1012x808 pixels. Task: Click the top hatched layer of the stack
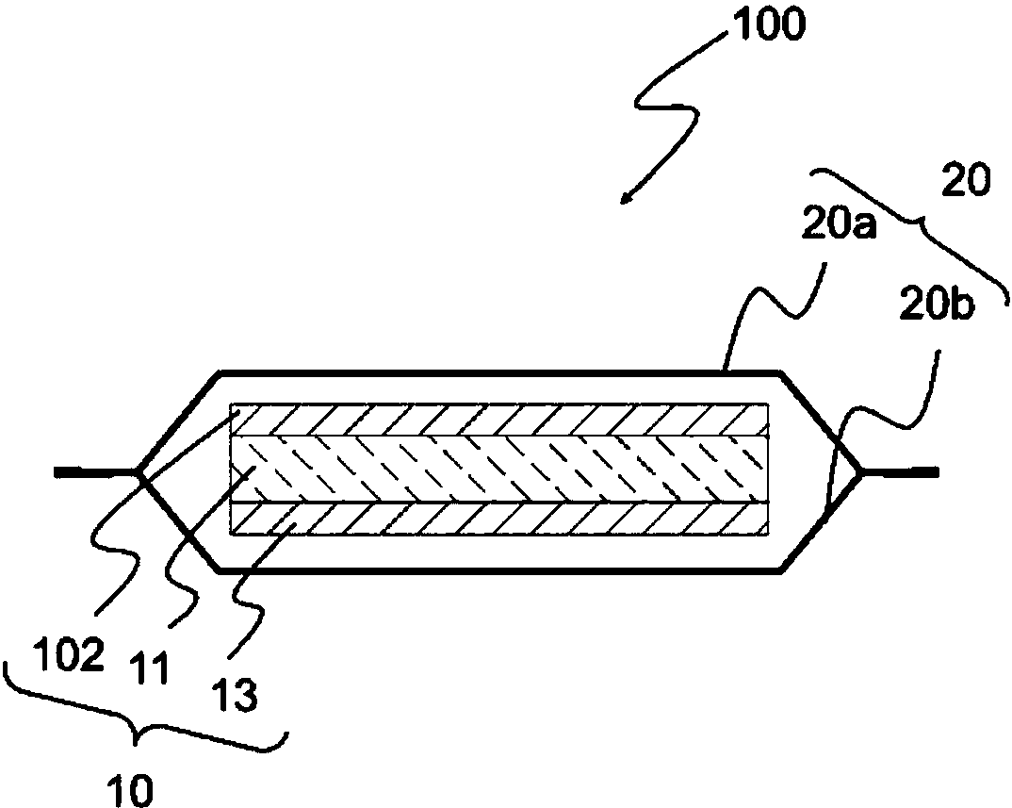tap(499, 420)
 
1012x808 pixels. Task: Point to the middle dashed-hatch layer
tap(499, 468)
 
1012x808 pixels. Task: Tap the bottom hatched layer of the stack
tap(499, 517)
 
